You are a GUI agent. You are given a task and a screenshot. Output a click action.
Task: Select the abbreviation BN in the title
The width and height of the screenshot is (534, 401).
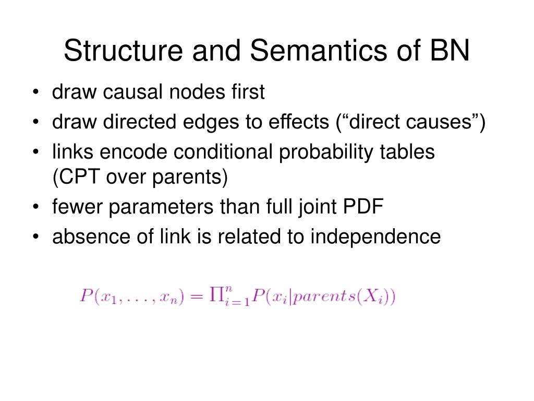451,52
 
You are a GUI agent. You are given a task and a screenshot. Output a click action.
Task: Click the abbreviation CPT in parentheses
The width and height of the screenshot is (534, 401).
79,178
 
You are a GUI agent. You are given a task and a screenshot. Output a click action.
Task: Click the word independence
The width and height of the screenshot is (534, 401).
375,237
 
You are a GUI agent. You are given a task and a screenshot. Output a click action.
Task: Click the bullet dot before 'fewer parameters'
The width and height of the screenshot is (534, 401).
35,208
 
